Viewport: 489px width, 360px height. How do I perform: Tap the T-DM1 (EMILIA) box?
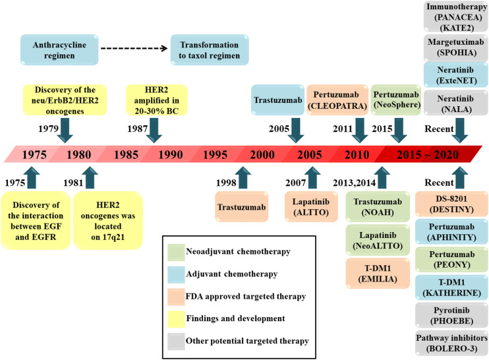(373, 270)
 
